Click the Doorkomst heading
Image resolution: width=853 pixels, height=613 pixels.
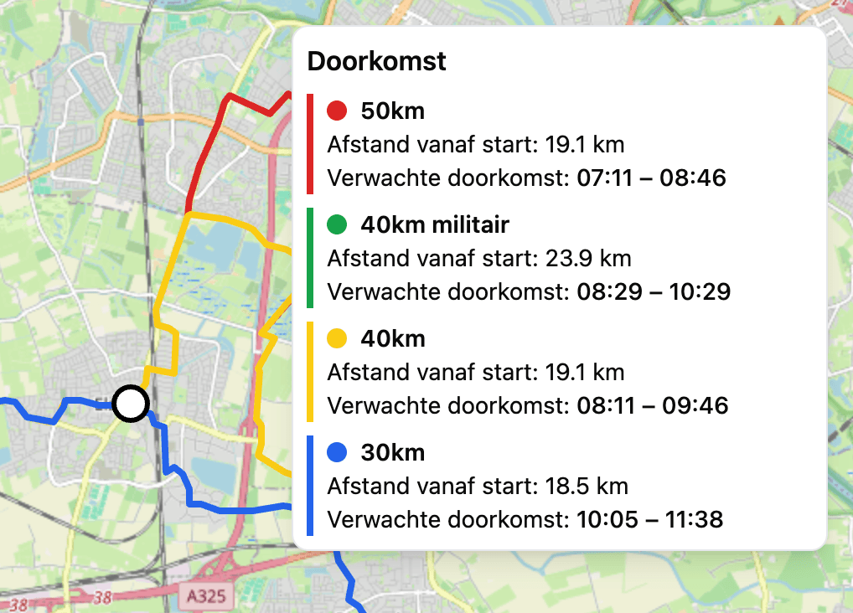377,61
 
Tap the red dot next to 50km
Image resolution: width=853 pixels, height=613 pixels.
337,111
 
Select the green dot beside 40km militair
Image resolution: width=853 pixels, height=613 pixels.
337,224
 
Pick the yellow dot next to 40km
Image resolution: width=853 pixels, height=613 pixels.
337,338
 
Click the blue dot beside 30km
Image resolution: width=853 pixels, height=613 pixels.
337,452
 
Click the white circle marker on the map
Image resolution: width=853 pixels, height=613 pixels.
130,403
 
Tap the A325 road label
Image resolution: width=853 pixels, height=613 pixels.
204,596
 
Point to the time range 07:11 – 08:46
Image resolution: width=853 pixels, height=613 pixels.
651,178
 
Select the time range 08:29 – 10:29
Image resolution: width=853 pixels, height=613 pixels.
654,292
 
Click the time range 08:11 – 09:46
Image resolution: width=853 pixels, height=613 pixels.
653,406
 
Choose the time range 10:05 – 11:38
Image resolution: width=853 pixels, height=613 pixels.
650,520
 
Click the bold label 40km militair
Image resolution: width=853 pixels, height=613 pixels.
435,224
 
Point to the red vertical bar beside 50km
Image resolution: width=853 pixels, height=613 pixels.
310,144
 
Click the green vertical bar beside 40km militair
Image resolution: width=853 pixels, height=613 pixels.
310,258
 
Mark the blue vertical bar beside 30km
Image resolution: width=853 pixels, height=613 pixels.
310,486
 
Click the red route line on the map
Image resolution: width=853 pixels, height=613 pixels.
204,155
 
